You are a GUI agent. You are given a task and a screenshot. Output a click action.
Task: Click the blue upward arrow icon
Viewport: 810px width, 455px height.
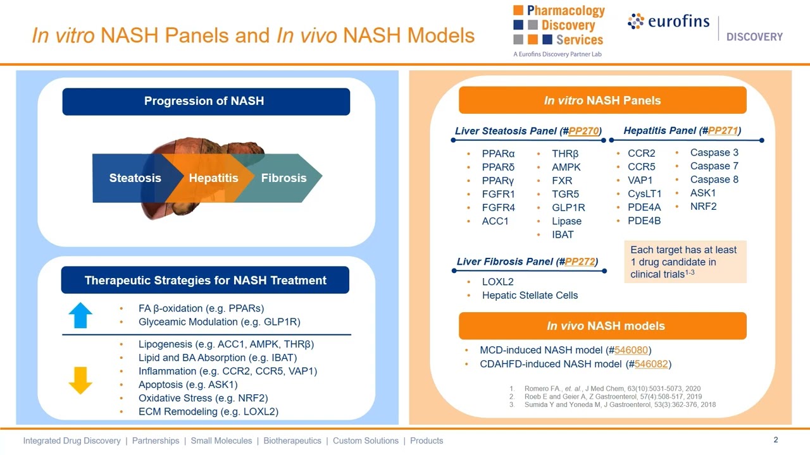click(80, 315)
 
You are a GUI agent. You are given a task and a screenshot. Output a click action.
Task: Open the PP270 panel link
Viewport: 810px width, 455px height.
click(583, 131)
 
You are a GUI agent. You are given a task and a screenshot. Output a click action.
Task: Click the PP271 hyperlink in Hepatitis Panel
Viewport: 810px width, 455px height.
click(723, 130)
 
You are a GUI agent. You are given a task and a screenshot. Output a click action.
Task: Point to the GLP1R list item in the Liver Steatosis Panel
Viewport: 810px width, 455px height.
click(568, 207)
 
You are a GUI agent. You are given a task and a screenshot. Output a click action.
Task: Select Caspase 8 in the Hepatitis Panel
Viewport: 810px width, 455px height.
click(714, 179)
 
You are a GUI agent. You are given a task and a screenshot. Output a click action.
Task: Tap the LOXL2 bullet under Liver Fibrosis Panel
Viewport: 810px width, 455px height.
click(497, 282)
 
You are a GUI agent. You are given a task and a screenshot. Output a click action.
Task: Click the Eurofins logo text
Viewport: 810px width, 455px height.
click(678, 21)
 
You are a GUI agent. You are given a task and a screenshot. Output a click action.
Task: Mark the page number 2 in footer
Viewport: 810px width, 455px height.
click(776, 440)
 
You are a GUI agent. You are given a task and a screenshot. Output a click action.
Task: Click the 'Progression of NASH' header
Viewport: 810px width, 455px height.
click(206, 101)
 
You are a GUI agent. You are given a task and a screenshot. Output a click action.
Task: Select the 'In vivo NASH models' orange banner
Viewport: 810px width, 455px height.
click(602, 326)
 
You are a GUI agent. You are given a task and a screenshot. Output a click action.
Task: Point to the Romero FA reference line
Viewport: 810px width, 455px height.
click(612, 389)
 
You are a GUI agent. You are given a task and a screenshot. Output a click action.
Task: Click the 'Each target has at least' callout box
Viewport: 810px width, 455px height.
click(685, 262)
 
